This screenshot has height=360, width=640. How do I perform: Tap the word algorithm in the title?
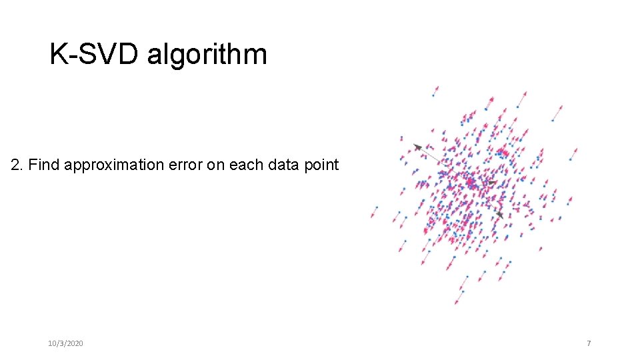(207, 54)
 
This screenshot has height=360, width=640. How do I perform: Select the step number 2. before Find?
(17, 165)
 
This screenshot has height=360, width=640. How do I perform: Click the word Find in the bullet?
(43, 165)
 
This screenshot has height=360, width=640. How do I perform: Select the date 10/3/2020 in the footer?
(66, 343)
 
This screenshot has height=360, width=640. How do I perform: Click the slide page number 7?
(589, 343)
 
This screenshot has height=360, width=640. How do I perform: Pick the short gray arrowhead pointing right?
(492, 182)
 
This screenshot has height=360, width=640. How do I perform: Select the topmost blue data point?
(433, 96)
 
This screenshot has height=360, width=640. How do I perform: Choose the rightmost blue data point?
(571, 159)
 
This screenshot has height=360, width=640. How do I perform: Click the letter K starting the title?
(58, 54)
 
